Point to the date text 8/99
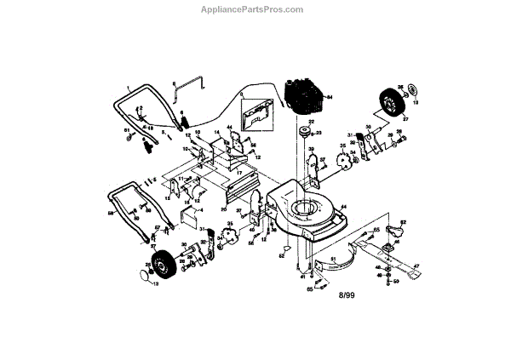[347, 295]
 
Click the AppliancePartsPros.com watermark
[255, 9]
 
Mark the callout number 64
[330, 99]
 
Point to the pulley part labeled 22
[304, 133]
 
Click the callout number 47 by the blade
[417, 267]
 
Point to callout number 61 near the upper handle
[127, 130]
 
